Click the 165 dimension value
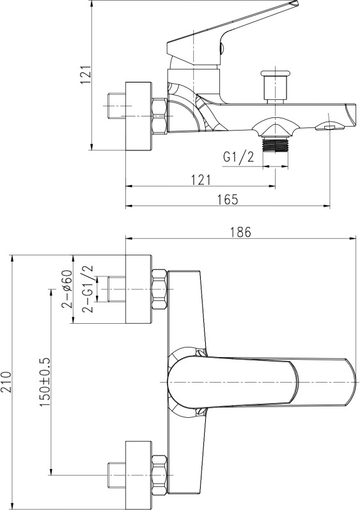tap(228, 199)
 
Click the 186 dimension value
tap(241, 232)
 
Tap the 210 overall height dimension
tap(7, 382)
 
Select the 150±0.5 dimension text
tap(45, 382)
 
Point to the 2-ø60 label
tap(67, 289)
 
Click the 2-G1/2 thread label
tap(88, 289)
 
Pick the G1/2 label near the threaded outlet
tap(239, 157)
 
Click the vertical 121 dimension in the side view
tap(86, 75)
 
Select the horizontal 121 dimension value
tap(201, 180)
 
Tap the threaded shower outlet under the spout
tap(275, 145)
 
